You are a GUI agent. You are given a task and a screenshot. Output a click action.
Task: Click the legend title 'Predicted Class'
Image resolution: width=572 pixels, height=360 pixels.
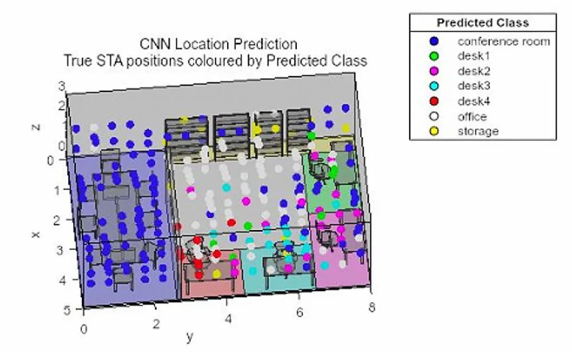click(483, 23)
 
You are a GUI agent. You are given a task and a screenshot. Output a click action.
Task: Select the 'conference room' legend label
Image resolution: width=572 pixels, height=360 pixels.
click(504, 41)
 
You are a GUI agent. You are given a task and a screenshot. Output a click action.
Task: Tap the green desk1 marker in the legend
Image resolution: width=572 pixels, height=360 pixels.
click(434, 56)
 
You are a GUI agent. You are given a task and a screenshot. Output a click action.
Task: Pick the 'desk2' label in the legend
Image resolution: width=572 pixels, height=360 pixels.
click(474, 71)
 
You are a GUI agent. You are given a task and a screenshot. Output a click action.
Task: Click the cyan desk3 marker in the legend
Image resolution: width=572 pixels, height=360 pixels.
click(434, 86)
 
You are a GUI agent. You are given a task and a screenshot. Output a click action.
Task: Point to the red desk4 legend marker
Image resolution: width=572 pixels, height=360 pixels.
click(434, 101)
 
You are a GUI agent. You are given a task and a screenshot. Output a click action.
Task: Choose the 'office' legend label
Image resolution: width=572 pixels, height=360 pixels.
click(472, 117)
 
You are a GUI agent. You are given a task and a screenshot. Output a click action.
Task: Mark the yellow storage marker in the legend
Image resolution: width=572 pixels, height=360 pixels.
click(434, 132)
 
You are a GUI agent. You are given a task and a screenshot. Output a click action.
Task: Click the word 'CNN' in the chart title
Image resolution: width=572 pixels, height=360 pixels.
click(156, 44)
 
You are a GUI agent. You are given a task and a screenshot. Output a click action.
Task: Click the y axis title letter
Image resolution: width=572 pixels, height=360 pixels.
click(189, 337)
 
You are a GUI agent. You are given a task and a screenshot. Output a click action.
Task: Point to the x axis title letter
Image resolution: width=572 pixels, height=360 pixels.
click(35, 235)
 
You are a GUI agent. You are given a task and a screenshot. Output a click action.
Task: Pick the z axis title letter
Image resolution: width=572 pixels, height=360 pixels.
click(35, 127)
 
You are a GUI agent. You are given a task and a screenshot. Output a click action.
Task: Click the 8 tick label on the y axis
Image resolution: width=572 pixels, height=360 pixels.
click(372, 307)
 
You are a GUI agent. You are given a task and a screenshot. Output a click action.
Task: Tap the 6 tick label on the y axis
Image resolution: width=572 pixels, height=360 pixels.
click(300, 312)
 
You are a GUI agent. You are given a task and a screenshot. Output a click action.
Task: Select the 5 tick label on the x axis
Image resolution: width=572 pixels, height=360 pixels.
click(67, 310)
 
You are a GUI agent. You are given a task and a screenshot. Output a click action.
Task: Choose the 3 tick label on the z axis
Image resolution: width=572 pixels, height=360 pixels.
click(62, 86)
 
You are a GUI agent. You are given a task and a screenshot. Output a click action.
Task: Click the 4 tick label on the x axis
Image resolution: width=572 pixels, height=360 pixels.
click(62, 280)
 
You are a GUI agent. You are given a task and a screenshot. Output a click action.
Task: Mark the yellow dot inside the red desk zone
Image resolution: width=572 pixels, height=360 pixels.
click(216, 274)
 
